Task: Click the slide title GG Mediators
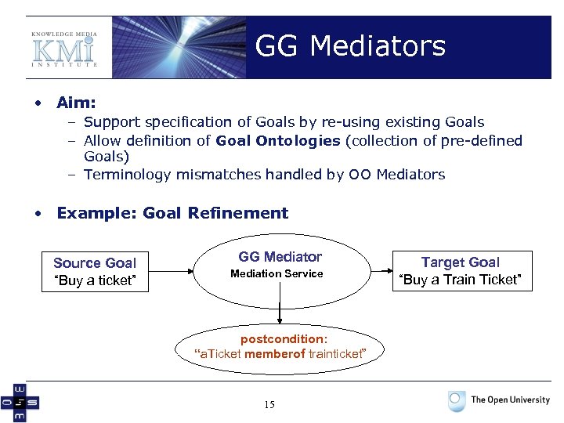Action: tap(350, 46)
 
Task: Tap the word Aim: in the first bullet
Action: tap(77, 103)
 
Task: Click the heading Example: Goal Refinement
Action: tap(172, 213)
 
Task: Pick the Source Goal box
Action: tap(95, 272)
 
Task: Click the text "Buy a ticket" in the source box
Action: tap(95, 280)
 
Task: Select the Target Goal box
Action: tap(461, 271)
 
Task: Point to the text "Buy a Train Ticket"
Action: tap(461, 280)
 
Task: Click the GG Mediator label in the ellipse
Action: tap(280, 257)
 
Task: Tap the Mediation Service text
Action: tap(277, 273)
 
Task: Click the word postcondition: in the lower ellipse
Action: tap(283, 339)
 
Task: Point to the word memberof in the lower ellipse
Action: tap(272, 354)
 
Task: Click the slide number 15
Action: tap(269, 405)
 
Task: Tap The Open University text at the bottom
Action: tap(510, 400)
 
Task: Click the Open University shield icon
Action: tap(457, 401)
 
